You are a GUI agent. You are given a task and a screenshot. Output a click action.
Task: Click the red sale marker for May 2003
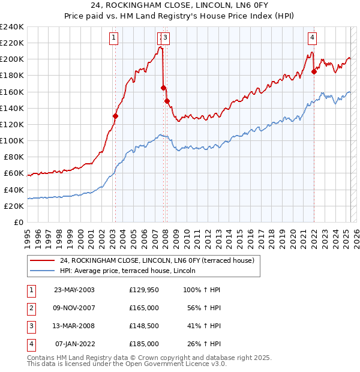pos(115,116)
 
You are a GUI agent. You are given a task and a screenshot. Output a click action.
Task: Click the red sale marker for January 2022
pos(314,71)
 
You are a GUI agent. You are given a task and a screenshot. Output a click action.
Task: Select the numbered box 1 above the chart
pos(113,38)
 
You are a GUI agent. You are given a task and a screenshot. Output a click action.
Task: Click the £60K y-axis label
pos(14,173)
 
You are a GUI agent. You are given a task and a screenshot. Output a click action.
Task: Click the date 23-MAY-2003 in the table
pos(74,290)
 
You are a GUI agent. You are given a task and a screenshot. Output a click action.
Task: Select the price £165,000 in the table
pos(144,308)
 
